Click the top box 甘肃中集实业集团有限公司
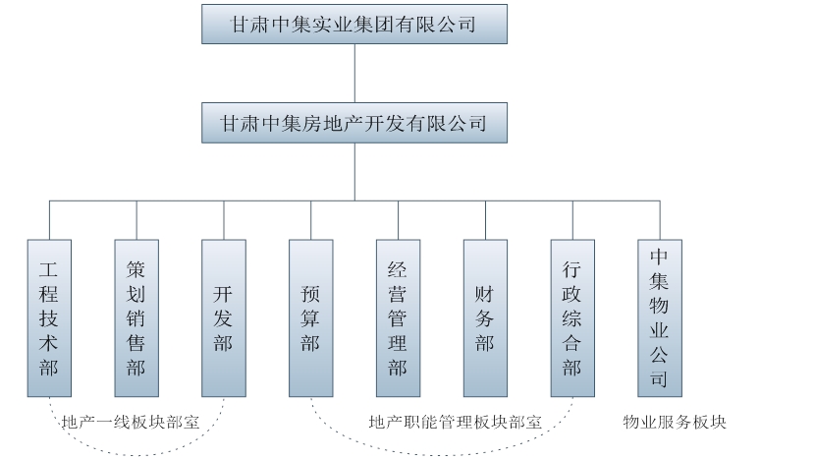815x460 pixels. pos(354,24)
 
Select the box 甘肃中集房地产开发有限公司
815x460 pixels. pos(354,123)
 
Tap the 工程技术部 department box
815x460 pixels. pos(49,317)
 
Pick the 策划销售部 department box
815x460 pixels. pos(136,317)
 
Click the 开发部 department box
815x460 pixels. pos(224,317)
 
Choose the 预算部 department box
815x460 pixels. pos(311,317)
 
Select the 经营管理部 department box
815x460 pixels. pos(398,317)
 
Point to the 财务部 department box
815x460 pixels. pos(485,317)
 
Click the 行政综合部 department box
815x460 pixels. pos(572,317)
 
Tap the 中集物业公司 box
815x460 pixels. pos(660,317)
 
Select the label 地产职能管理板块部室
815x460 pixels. pos(456,423)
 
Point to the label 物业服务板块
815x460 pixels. pos(675,423)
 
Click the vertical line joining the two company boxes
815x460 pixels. pos(354,73)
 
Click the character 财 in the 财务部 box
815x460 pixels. pos(485,293)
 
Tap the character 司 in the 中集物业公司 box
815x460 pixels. pos(660,378)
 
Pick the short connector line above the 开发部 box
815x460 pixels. pos(224,220)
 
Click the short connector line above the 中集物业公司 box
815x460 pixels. pos(660,220)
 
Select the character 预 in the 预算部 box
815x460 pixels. pos(311,293)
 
